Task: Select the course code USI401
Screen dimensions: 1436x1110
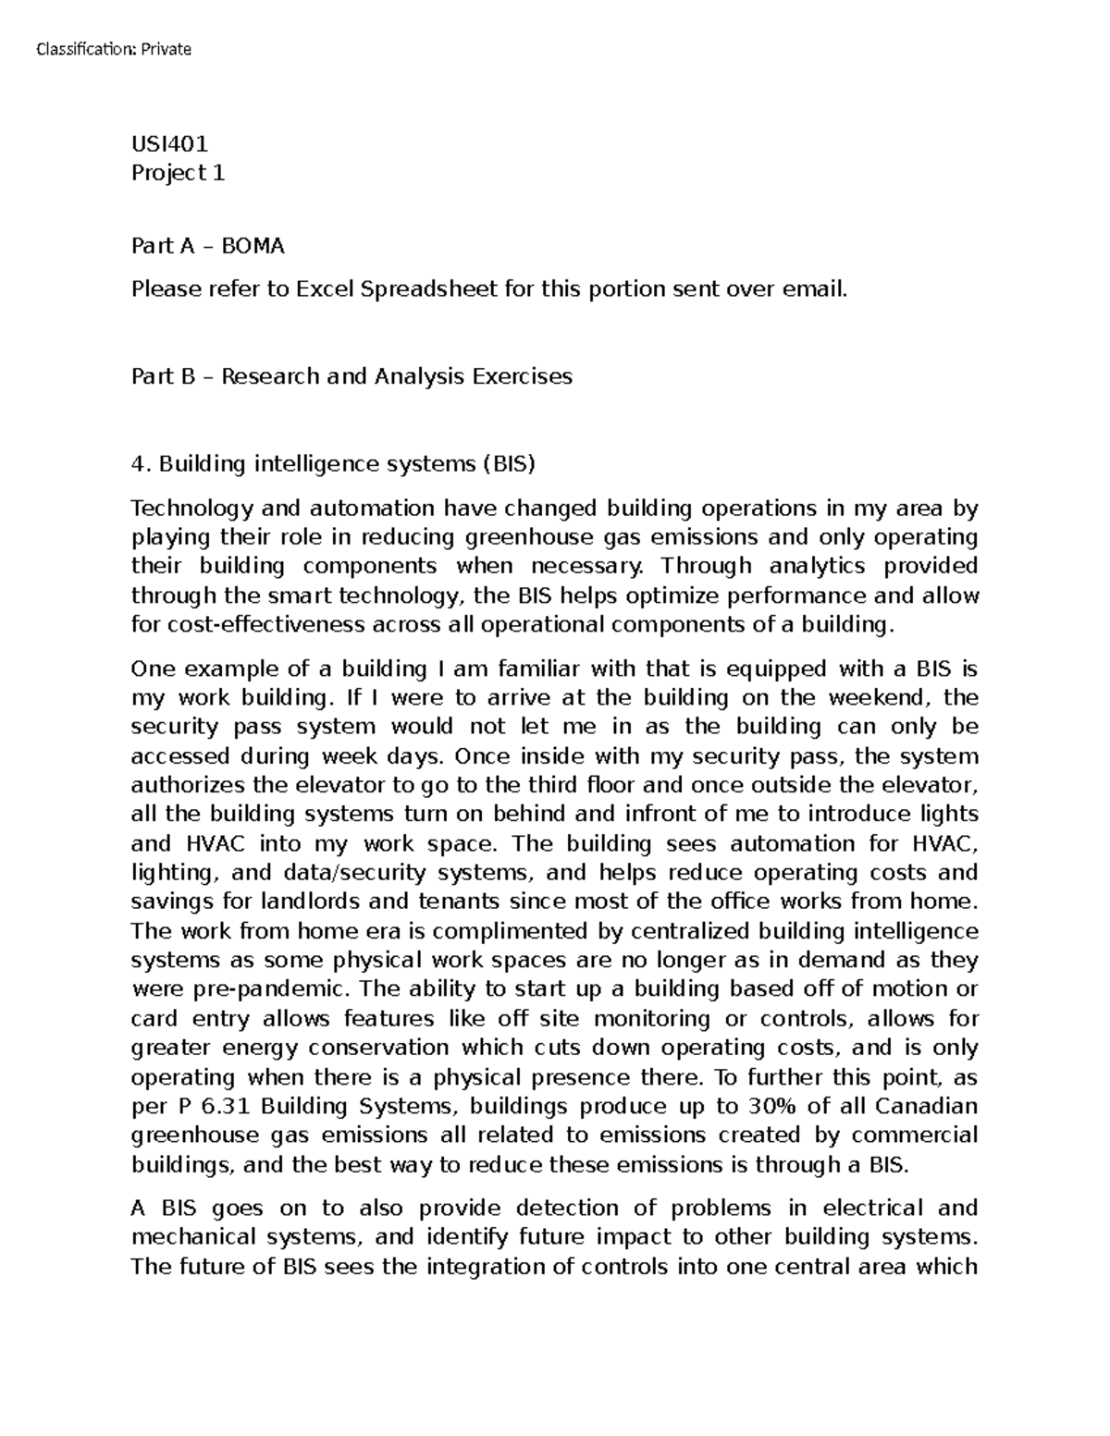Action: [170, 143]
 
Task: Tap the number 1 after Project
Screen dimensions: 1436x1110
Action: [219, 173]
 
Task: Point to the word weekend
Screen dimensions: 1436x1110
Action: [878, 697]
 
